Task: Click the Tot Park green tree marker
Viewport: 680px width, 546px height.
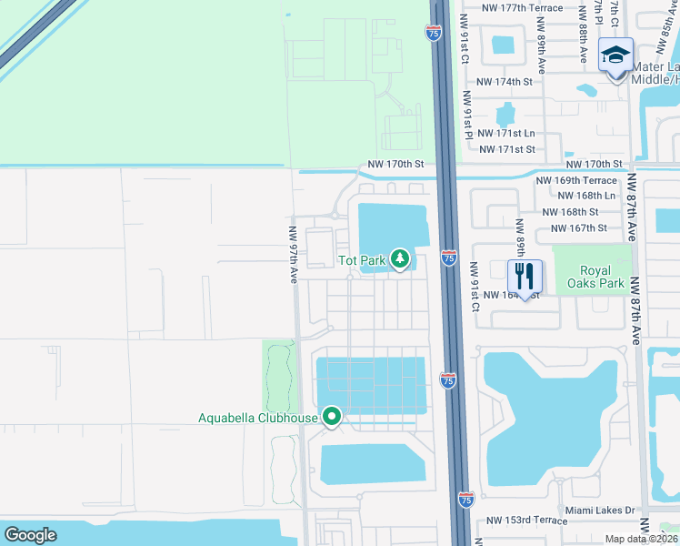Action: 400,259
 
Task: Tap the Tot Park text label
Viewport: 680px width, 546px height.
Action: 362,260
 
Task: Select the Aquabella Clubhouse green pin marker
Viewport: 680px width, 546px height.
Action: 332,418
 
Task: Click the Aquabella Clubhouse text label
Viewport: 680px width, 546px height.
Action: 258,419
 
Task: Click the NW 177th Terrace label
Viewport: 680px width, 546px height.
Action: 523,8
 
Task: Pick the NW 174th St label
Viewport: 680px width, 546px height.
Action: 500,82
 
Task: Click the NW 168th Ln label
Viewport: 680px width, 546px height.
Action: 586,196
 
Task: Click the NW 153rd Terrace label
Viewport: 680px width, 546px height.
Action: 526,521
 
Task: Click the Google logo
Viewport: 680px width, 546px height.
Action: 31,535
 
